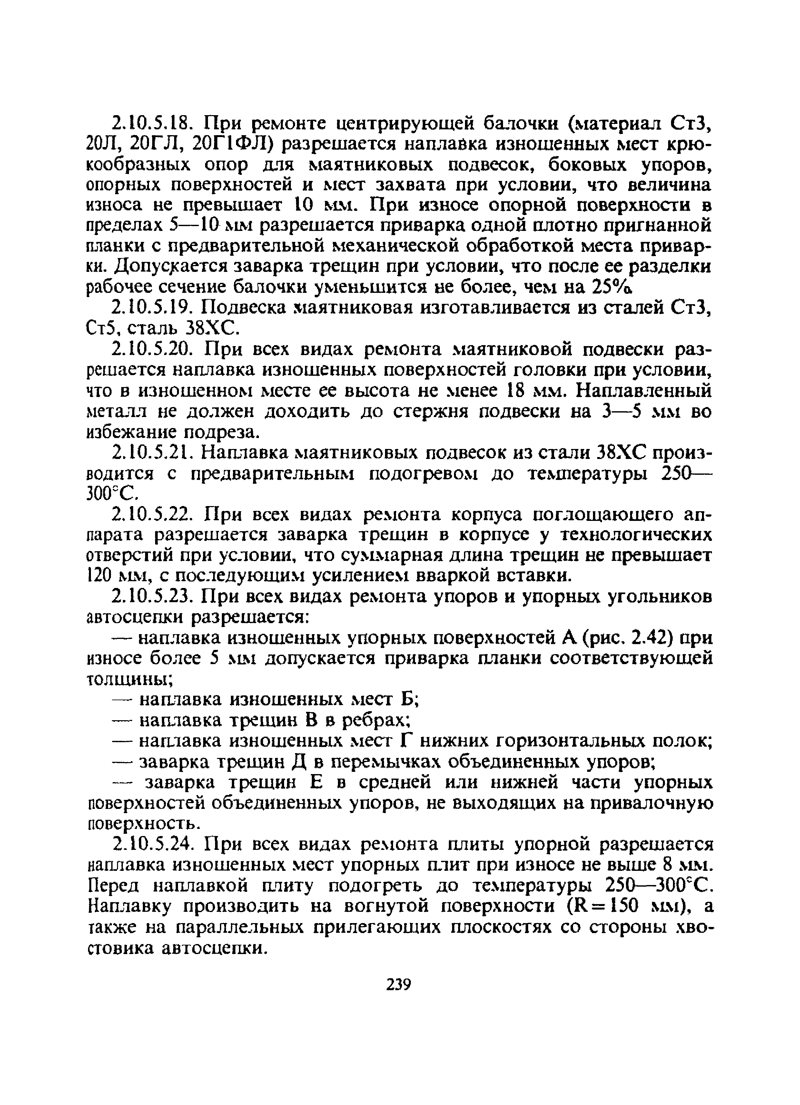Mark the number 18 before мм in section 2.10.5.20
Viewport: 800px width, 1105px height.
[x=505, y=391]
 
